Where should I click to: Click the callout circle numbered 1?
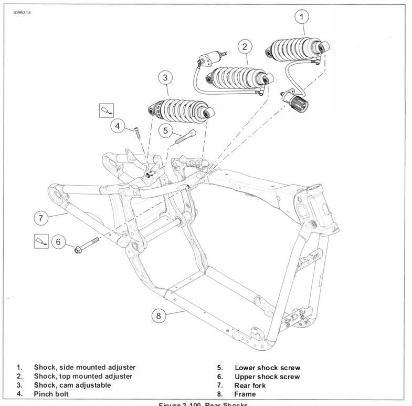click(x=301, y=17)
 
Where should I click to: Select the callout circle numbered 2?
click(x=245, y=47)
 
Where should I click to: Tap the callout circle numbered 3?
click(x=165, y=78)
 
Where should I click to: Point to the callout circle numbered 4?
click(x=118, y=126)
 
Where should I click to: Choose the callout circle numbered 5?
click(x=165, y=130)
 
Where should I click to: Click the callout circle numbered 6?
click(x=58, y=242)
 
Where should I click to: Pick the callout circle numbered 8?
click(x=160, y=316)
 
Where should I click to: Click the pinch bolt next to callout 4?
click(x=137, y=131)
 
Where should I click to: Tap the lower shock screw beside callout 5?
click(x=185, y=137)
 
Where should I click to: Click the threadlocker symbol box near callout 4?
click(x=107, y=110)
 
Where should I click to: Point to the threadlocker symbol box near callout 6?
click(x=41, y=240)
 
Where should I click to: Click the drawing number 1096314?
click(x=18, y=13)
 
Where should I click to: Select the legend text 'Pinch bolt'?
click(x=51, y=393)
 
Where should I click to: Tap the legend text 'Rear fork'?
click(x=250, y=385)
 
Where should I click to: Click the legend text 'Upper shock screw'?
click(x=267, y=377)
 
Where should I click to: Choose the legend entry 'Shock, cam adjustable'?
click(x=72, y=385)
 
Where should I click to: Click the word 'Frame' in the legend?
click(x=245, y=394)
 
